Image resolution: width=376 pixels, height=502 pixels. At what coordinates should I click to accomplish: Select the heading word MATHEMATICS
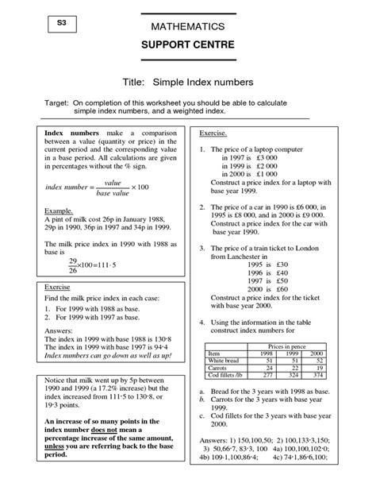coord(187,28)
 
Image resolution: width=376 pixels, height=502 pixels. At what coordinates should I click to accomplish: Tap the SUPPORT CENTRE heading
coord(187,44)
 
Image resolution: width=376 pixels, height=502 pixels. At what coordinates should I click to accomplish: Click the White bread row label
coord(226,360)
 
